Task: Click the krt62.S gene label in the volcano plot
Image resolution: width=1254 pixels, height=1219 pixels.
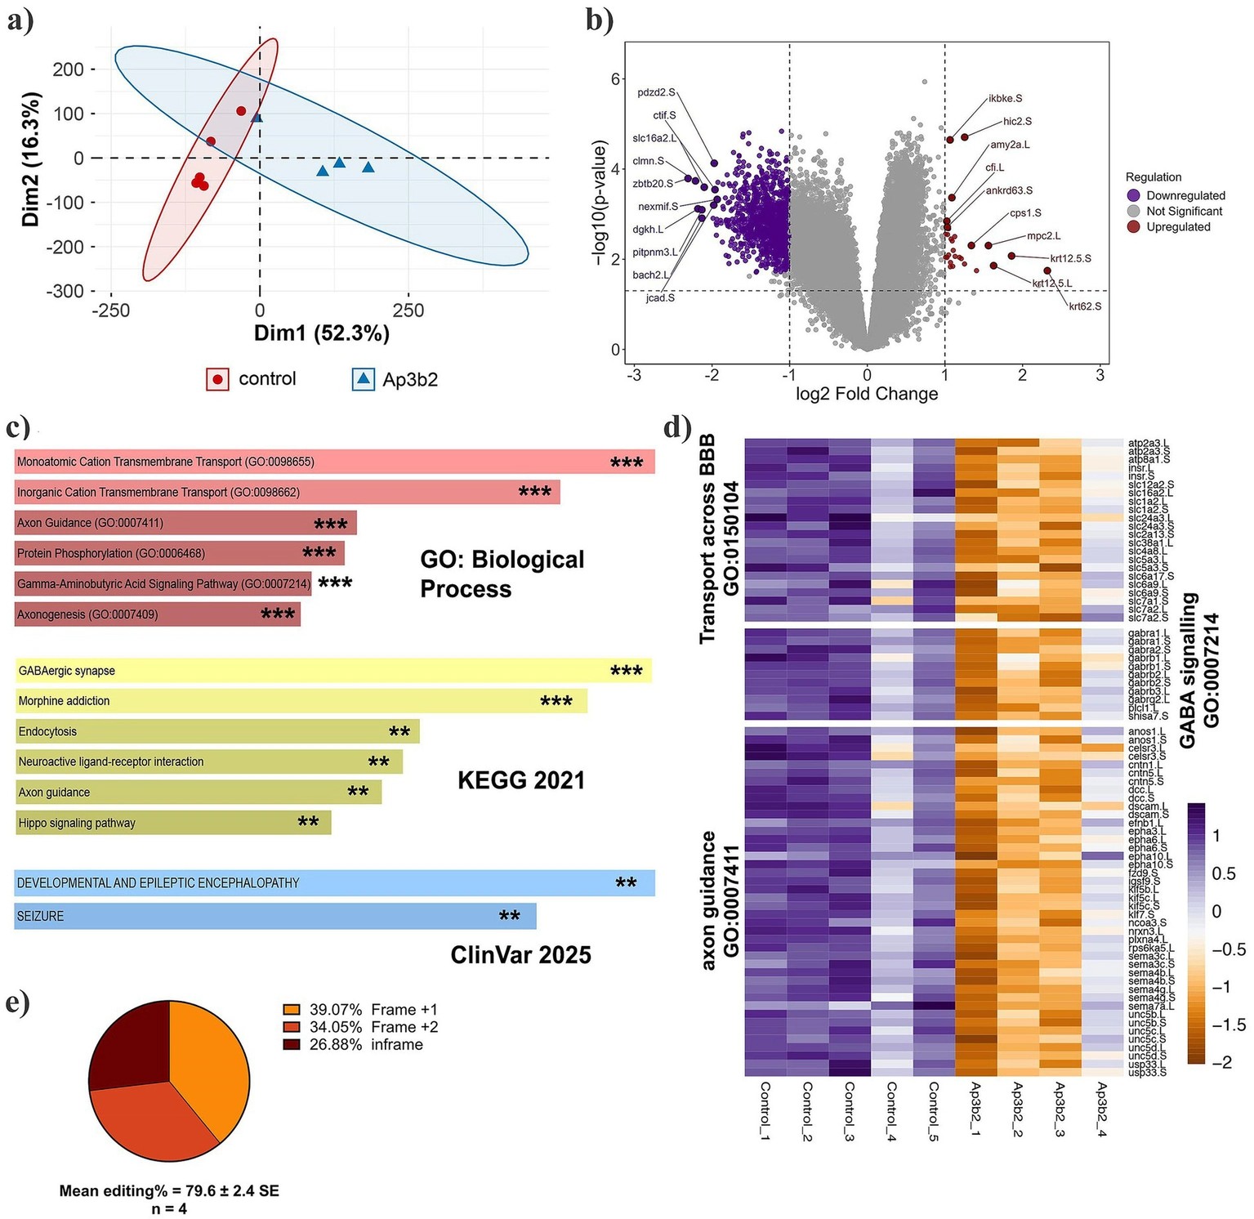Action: (1085, 306)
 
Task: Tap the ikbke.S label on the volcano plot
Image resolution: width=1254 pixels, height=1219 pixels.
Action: (1006, 99)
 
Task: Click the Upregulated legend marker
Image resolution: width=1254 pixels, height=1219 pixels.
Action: (1133, 226)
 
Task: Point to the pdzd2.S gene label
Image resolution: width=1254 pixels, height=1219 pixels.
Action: (657, 92)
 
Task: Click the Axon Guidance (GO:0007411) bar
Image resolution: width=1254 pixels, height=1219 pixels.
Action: (185, 523)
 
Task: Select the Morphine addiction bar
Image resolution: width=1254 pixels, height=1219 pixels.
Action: (301, 701)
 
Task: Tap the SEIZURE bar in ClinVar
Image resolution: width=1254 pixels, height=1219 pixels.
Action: (274, 916)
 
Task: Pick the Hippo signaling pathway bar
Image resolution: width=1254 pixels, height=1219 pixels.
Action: (172, 823)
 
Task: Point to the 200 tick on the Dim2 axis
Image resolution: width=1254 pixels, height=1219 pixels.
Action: (69, 69)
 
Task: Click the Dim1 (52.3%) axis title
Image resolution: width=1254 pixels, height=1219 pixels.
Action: (322, 333)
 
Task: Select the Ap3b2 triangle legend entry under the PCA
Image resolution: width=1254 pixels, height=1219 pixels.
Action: (395, 379)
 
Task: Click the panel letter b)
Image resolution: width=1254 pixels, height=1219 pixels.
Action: (599, 20)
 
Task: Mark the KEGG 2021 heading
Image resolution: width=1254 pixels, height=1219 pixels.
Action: (521, 780)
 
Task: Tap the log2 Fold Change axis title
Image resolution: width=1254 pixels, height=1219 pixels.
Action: (867, 394)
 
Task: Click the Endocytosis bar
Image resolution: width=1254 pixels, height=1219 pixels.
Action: (216, 731)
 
